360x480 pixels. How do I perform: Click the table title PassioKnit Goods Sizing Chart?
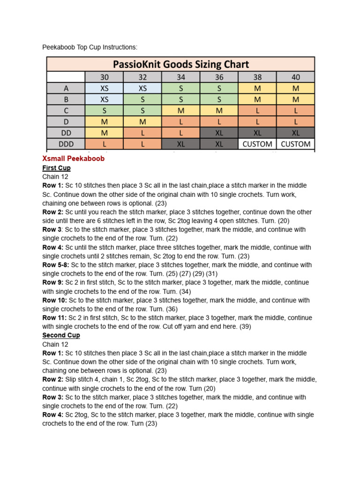click(x=180, y=64)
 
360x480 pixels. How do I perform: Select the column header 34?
click(x=181, y=77)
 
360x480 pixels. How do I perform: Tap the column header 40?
click(x=295, y=77)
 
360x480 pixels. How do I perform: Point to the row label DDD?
click(x=66, y=144)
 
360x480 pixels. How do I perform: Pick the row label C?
click(x=66, y=111)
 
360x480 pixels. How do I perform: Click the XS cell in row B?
click(x=104, y=99)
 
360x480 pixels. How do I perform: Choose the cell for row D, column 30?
click(x=104, y=122)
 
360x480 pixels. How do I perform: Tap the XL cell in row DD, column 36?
click(x=219, y=133)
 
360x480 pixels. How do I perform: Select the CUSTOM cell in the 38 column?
click(x=257, y=144)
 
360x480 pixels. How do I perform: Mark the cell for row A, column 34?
click(x=181, y=88)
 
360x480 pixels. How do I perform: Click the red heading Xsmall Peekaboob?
click(x=73, y=158)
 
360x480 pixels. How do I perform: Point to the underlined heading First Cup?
click(x=56, y=168)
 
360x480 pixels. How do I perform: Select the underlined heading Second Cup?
click(x=61, y=335)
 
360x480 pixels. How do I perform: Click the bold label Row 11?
click(x=54, y=318)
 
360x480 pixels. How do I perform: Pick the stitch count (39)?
click(x=245, y=327)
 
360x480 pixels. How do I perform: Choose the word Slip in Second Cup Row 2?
click(x=72, y=380)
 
